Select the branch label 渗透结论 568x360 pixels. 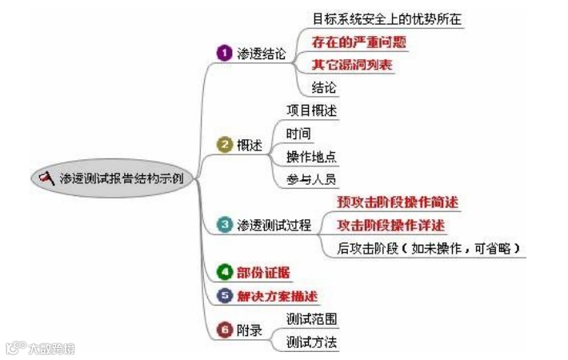(x=262, y=53)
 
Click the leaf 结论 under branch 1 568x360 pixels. (x=324, y=86)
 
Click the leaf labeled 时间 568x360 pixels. (x=298, y=133)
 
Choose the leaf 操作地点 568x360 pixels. (x=312, y=155)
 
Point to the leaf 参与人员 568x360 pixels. (x=312, y=178)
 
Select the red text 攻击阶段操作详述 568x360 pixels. (x=391, y=226)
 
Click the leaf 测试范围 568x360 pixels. (x=312, y=318)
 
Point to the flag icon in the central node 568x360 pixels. (x=47, y=177)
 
